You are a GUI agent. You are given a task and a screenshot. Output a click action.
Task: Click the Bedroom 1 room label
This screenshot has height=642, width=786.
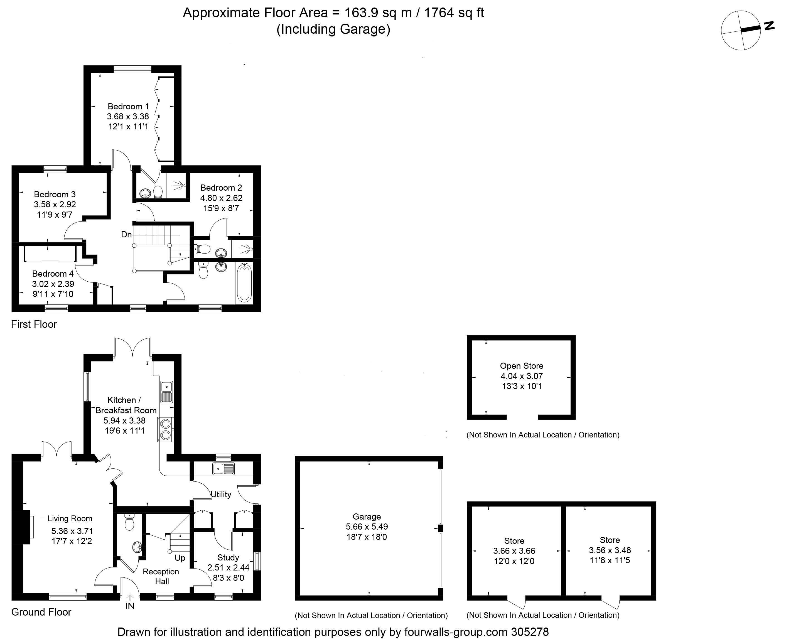click(128, 107)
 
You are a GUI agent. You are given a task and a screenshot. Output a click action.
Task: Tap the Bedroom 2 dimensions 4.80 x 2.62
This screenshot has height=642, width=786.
click(221, 198)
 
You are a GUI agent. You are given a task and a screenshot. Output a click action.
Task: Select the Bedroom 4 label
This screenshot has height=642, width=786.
click(53, 274)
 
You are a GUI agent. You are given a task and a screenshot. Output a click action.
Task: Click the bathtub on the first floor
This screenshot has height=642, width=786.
click(244, 283)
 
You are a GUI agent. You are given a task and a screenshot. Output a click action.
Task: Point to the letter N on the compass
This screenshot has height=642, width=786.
click(769, 26)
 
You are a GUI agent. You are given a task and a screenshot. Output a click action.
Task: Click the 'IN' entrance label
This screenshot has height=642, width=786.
click(130, 606)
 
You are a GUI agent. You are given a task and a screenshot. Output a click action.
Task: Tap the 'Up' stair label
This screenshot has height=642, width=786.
click(180, 558)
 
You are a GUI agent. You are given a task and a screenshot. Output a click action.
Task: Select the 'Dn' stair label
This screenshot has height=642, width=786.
click(126, 235)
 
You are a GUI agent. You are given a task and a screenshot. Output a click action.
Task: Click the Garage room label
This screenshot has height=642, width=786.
click(367, 516)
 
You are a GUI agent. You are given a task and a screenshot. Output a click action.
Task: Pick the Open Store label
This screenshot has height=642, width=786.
click(522, 366)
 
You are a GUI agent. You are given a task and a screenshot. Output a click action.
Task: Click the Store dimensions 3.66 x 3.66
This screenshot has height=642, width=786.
click(514, 551)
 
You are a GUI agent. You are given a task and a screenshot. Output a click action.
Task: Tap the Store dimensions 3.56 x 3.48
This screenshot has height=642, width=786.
click(610, 550)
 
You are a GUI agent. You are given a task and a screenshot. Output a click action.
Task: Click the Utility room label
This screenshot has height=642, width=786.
click(221, 495)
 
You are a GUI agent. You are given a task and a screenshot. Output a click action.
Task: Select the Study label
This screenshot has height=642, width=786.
click(228, 557)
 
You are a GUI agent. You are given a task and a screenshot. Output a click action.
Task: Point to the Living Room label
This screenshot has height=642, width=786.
click(70, 518)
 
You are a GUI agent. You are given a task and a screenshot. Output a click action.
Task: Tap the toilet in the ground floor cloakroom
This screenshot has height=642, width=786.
click(129, 522)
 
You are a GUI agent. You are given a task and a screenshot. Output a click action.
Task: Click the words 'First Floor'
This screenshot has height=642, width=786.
click(34, 324)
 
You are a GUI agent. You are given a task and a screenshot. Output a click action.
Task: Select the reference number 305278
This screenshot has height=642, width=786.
click(530, 632)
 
